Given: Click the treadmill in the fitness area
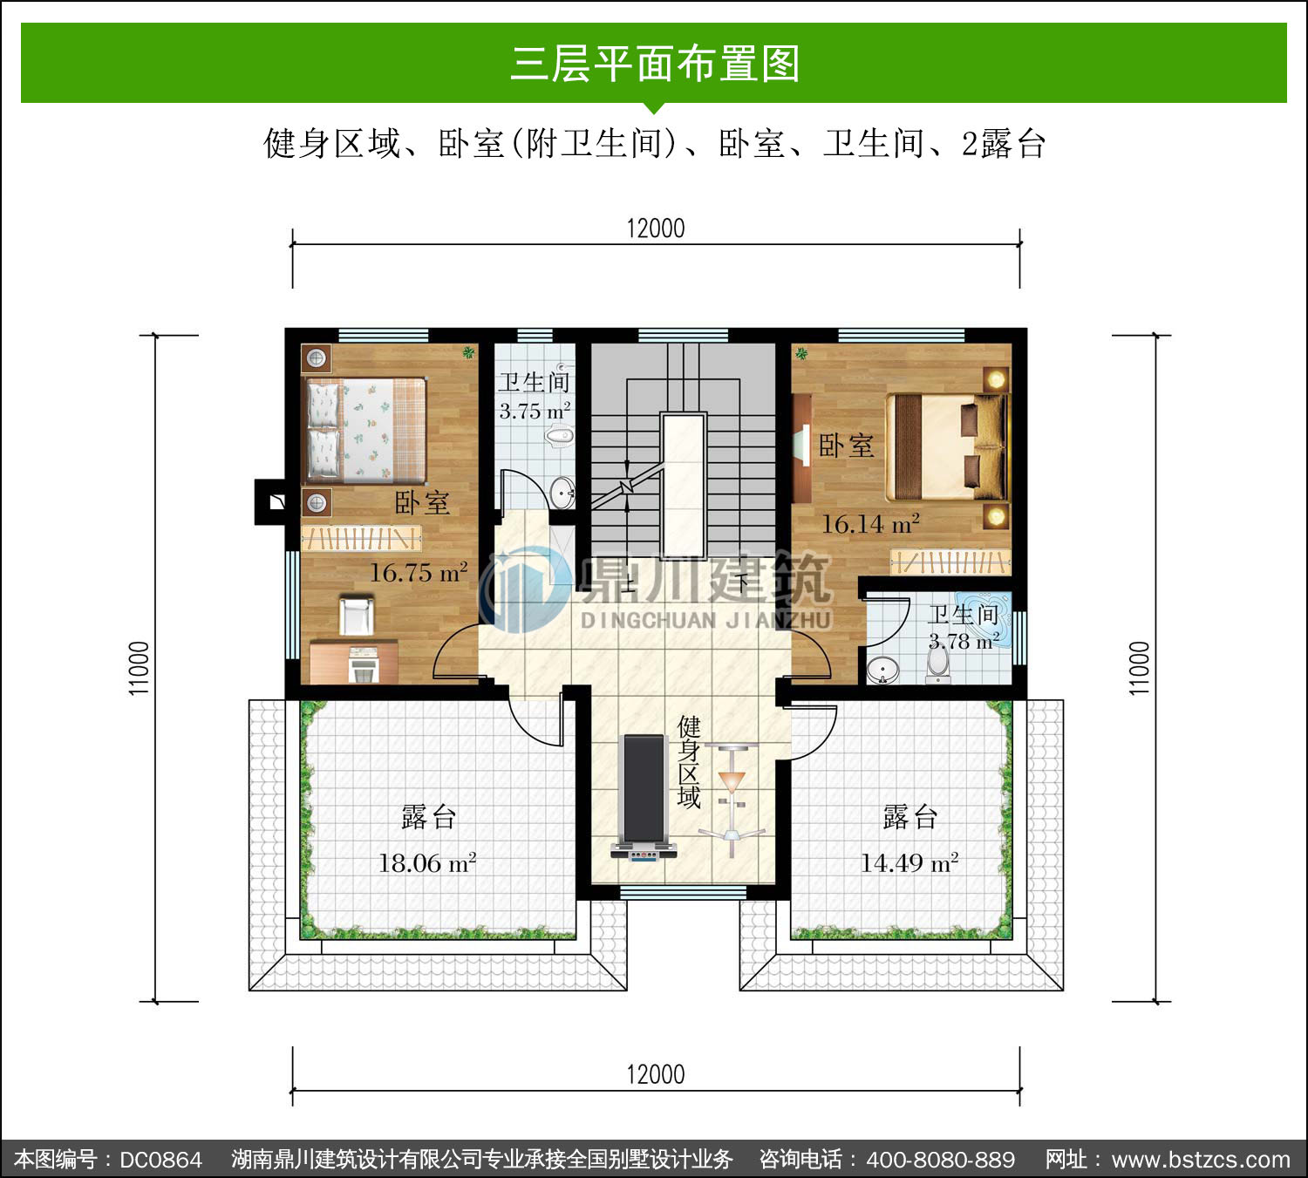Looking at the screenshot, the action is pyautogui.click(x=644, y=797).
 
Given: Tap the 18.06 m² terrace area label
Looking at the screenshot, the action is pyautogui.click(x=428, y=863).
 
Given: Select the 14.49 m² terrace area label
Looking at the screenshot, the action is pyautogui.click(x=909, y=863).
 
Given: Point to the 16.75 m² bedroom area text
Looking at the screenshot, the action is pyautogui.click(x=419, y=572).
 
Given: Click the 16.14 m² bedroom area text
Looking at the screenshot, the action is pyautogui.click(x=870, y=523).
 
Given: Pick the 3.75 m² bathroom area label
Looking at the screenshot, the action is pyautogui.click(x=535, y=411).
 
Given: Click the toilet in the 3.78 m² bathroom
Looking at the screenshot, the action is pyautogui.click(x=937, y=664).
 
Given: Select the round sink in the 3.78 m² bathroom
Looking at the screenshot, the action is pyautogui.click(x=882, y=671).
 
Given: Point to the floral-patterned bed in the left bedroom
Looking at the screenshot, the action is pyautogui.click(x=365, y=430).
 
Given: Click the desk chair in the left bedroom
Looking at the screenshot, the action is pyautogui.click(x=356, y=615).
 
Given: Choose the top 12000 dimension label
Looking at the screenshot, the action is pyautogui.click(x=655, y=229).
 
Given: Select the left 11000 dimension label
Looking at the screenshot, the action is pyautogui.click(x=139, y=669).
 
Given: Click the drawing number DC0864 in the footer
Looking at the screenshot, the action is pyautogui.click(x=161, y=1159).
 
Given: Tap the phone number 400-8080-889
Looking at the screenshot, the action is pyautogui.click(x=940, y=1159).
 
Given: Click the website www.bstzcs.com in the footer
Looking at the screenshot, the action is pyautogui.click(x=1201, y=1159).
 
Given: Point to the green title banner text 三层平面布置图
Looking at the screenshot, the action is pyautogui.click(x=655, y=64).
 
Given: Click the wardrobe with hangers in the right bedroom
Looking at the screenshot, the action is pyautogui.click(x=950, y=562).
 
